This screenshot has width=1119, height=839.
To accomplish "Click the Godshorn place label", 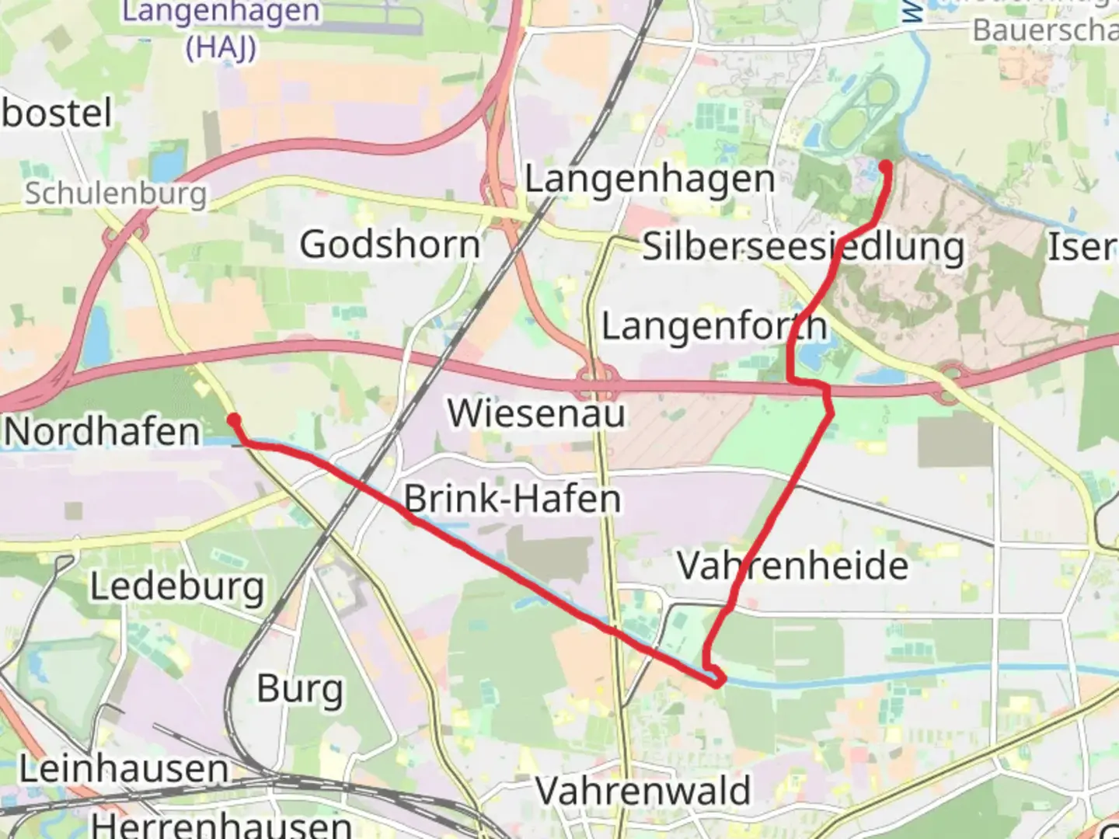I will [x=390, y=245].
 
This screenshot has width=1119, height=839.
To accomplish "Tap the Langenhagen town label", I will [x=650, y=179].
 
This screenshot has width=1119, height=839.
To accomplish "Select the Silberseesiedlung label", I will [x=803, y=247].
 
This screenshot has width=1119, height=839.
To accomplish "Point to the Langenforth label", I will [x=714, y=326].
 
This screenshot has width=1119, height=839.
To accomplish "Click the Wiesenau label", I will [x=536, y=413].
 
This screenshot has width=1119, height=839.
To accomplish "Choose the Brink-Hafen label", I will [x=512, y=498].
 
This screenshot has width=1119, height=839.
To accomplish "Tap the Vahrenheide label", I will [x=792, y=565].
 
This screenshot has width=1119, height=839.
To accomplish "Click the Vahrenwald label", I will [x=643, y=791].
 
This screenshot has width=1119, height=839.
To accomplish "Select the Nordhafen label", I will [x=102, y=431].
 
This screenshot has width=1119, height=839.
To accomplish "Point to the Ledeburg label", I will [x=177, y=587].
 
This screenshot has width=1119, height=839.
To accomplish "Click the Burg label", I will [x=300, y=688].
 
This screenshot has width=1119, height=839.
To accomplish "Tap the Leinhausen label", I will [x=124, y=769].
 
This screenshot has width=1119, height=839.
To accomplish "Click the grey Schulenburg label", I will [x=116, y=193].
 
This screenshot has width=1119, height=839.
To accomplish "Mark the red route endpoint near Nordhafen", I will [x=233, y=420].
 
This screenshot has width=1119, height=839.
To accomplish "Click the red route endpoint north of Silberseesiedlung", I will [x=884, y=165].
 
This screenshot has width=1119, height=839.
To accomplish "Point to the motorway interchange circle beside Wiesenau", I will [x=597, y=384].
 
